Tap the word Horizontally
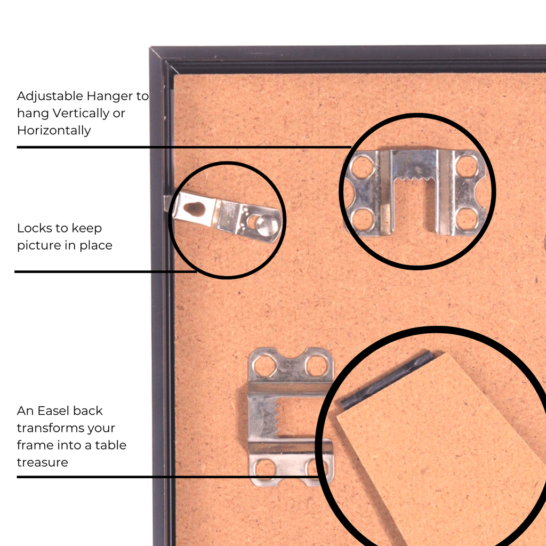click(54, 130)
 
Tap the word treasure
click(43, 462)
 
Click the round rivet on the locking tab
click(268, 224)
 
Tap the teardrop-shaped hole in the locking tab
click(194, 208)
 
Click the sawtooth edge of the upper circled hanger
click(414, 179)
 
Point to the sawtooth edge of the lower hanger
click(278, 417)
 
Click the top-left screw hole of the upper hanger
click(363, 167)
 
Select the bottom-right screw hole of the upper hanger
click(466, 219)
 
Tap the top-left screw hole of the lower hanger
click(264, 366)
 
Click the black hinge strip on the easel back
click(387, 380)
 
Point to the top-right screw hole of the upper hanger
click(466, 167)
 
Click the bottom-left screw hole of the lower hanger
click(264, 468)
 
